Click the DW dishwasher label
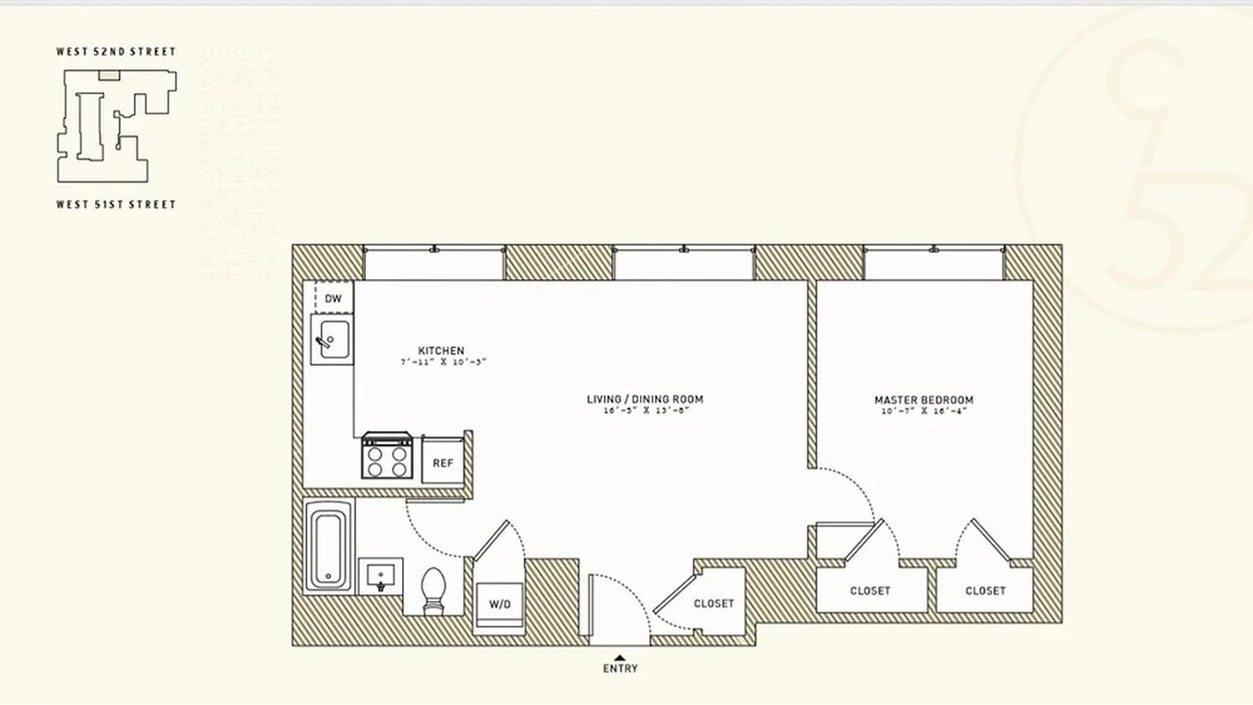coord(333,299)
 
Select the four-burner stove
coord(387,456)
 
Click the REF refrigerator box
coord(443,461)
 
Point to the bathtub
coord(328,546)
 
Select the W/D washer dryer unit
coord(499,605)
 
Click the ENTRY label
coord(620,669)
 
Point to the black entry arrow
coord(620,657)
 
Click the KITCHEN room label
coord(441,351)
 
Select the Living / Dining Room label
coord(645,399)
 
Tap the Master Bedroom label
coord(923,400)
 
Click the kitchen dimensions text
coord(443,362)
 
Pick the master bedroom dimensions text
coord(923,412)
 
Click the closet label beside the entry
coord(713,604)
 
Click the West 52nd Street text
coord(116,51)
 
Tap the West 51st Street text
coord(116,204)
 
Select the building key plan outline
coord(116,125)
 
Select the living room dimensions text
coord(645,411)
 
